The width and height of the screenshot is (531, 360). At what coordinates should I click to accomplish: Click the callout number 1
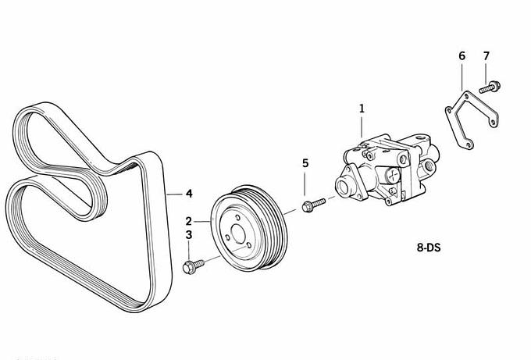362,109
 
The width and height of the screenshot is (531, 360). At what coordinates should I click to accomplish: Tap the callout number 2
189,221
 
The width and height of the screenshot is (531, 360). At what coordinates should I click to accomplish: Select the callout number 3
189,235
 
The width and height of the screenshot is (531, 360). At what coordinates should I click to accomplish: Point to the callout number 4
189,194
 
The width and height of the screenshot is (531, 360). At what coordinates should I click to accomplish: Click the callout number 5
305,163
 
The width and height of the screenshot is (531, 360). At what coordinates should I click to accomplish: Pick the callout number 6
462,56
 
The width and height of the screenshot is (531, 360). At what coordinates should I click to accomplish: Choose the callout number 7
486,56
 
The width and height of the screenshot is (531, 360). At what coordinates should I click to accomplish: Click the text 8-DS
429,248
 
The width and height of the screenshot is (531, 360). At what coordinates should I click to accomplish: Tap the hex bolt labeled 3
194,266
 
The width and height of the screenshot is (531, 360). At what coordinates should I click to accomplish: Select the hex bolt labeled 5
313,205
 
